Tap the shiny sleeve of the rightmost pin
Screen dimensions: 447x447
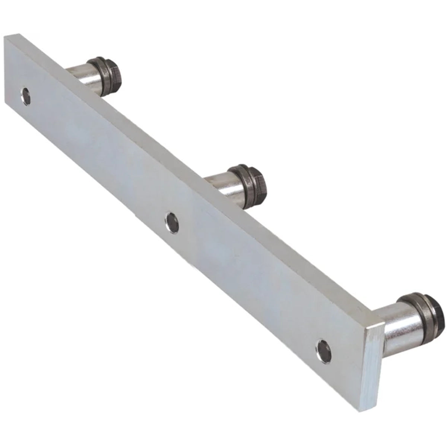(399, 328)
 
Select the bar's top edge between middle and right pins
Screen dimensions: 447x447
(298, 253)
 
